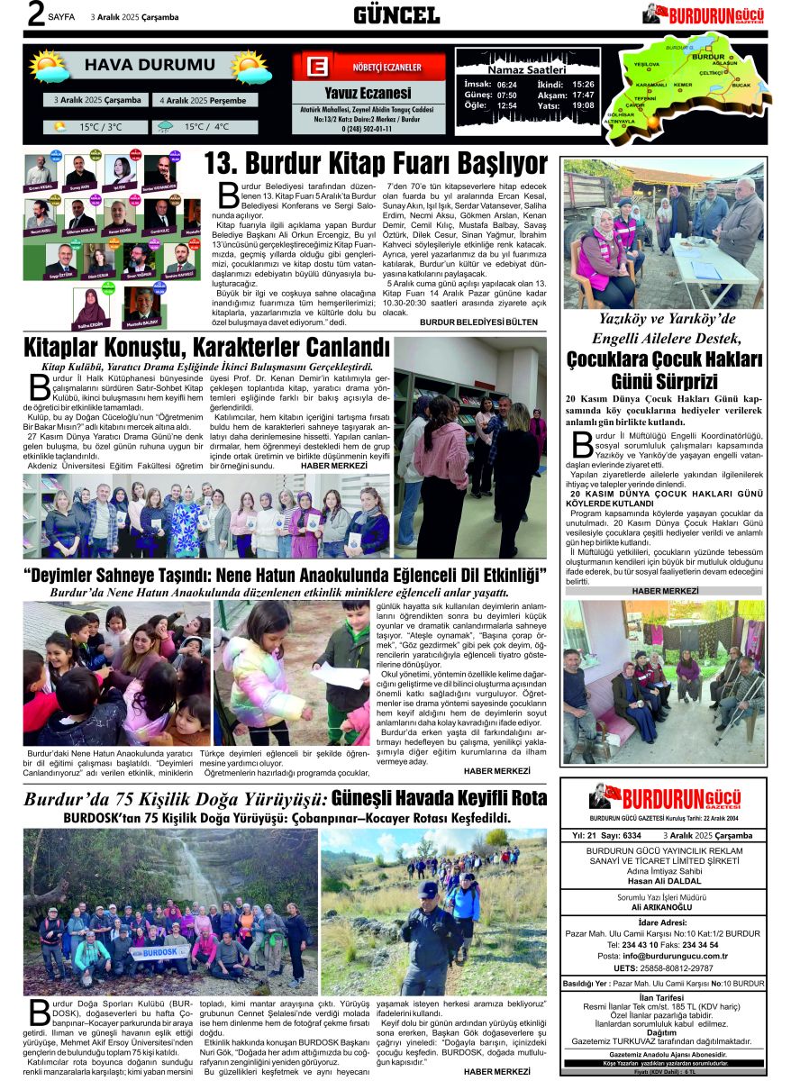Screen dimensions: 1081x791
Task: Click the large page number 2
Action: (x=37, y=15)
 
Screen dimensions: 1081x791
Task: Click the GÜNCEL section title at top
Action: (x=396, y=15)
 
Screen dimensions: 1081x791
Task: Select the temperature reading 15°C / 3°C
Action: (x=100, y=127)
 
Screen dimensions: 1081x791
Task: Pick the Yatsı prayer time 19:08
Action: (x=583, y=105)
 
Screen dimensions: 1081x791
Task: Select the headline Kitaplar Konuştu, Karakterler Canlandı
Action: (x=207, y=349)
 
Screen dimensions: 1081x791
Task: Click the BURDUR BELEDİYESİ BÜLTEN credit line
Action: (x=484, y=322)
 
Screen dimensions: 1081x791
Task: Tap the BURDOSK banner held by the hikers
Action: (x=160, y=951)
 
